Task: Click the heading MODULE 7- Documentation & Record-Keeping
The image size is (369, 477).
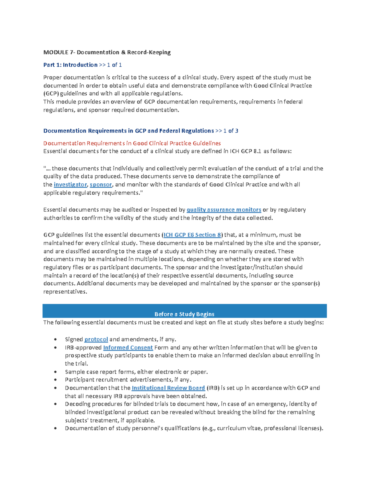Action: [107, 52]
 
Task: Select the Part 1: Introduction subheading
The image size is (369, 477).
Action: [70, 65]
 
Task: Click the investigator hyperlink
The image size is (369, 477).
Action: [70, 185]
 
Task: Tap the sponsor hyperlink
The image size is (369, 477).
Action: [101, 185]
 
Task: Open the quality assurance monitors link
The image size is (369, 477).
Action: [224, 210]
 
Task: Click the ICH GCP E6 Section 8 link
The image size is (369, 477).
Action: [192, 235]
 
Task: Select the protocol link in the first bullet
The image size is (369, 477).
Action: [96, 339]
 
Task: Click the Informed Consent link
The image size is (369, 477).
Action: [128, 348]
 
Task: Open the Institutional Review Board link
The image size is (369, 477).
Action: [168, 388]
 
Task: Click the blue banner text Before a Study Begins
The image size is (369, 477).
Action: [184, 314]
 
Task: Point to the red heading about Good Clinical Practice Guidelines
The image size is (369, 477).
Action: [132, 143]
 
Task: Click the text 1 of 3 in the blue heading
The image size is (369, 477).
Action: [231, 131]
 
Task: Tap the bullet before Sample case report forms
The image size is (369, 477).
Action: [55, 372]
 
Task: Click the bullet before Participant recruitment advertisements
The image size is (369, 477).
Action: [55, 380]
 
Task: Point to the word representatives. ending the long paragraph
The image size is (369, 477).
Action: [65, 292]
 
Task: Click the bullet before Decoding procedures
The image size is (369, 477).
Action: [55, 404]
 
